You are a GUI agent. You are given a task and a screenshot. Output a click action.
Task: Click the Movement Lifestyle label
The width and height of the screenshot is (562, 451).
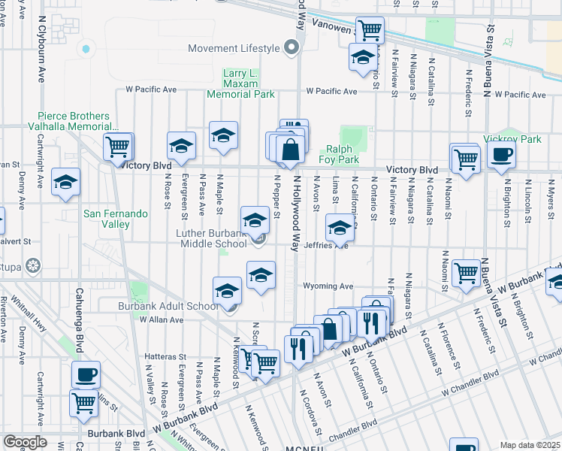click(x=234, y=49)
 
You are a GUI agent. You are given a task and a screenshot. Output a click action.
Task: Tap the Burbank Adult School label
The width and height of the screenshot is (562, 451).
click(x=169, y=306)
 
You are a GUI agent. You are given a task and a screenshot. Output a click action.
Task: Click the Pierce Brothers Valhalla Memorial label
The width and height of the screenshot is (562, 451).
click(x=74, y=123)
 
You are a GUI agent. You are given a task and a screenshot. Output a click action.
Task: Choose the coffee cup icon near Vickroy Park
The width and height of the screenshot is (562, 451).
click(x=501, y=155)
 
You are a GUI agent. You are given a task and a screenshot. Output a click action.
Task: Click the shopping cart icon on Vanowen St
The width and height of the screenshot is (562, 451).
click(x=370, y=30)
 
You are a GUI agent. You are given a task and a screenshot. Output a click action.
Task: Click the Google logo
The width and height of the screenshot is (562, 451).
click(x=25, y=442)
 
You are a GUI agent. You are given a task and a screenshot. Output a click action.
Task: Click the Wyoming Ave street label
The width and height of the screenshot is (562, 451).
click(x=328, y=286)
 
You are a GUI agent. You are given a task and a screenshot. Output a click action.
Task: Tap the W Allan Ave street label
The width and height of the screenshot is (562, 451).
click(x=162, y=319)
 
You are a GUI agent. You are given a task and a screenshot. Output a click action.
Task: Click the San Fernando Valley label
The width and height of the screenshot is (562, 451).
click(x=115, y=219)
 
